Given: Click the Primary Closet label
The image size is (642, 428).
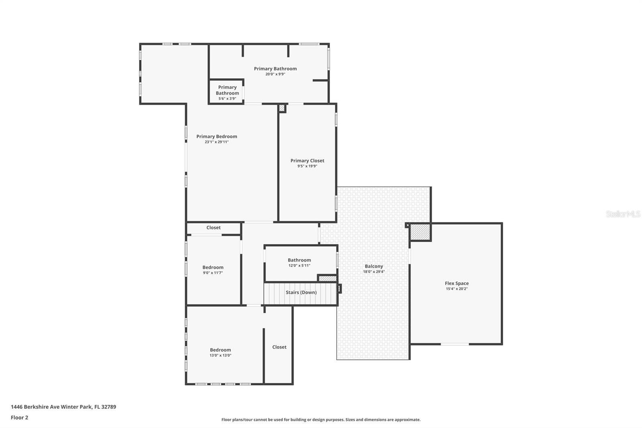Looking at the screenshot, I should pos(307,161).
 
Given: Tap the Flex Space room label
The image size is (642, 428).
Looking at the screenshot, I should pos(457,283).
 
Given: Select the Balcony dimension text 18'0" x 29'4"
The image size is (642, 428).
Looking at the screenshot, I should pos(374,272).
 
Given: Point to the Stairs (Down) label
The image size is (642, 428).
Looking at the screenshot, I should pos(301,292).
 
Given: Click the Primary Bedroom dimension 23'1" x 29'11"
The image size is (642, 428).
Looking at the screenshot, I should pos(217,142).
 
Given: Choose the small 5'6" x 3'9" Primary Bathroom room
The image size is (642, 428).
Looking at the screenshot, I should pos(227,92).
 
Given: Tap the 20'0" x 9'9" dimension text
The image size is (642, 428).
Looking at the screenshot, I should pos(275,74).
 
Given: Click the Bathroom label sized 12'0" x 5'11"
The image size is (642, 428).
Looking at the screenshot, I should pos(299,260).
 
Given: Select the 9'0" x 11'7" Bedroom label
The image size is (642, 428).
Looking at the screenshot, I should pos(213,267).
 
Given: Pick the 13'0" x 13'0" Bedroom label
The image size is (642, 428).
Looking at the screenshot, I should pos(220,350).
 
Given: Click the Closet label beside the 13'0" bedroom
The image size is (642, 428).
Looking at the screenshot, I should pos(279,347).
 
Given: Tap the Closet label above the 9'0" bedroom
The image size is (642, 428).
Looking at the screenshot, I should pos(213,228).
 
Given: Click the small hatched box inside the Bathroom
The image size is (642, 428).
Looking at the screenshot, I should pos(327,278).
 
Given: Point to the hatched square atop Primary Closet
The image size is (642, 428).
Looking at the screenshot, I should pos(282,108).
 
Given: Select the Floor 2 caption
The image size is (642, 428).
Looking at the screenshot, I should pos(19,418).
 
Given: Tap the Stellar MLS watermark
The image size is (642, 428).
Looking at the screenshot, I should pos(623,214).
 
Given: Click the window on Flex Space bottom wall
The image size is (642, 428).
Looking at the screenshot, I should pos(455,344).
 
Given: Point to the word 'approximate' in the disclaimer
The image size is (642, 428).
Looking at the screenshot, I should pos(407,420).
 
